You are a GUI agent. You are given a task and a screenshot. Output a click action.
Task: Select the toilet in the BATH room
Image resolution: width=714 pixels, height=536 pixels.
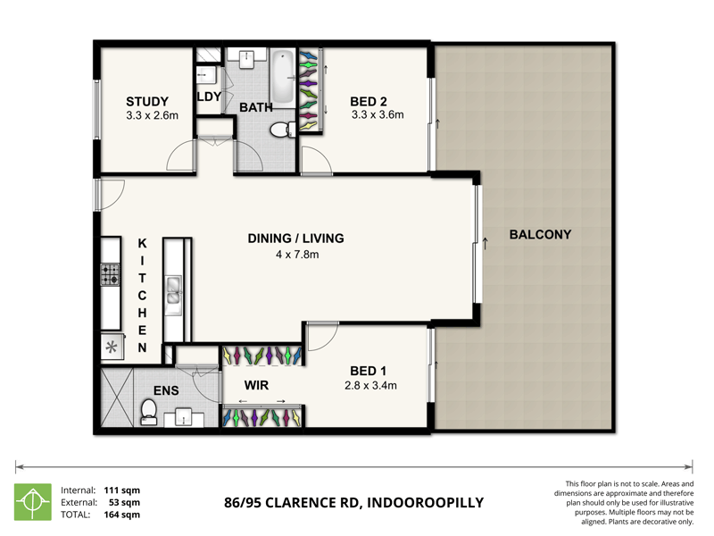(x=281, y=129)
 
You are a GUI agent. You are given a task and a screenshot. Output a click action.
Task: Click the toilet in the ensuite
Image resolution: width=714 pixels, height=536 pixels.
(x=149, y=411)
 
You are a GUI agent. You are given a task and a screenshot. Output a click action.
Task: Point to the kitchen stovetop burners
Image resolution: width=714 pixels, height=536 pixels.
(x=110, y=274)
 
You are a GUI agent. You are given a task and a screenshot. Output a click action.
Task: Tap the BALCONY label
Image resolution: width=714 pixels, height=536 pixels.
(x=540, y=235)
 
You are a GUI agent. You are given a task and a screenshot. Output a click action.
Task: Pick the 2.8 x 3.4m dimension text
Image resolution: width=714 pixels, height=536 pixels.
(x=370, y=386)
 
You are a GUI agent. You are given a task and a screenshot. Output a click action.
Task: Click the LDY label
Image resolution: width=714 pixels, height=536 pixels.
(x=209, y=97)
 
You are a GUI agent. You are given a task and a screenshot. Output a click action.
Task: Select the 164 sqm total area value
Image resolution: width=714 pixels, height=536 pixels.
(x=124, y=515)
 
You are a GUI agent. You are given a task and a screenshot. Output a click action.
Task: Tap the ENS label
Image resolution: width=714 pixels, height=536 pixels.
(x=166, y=390)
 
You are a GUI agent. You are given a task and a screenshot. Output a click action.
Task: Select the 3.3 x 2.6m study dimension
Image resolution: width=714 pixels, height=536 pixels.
(x=153, y=115)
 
